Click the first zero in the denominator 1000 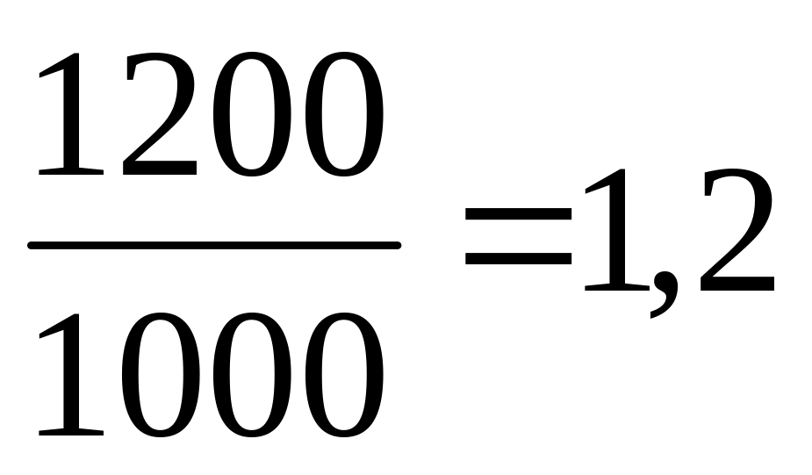point(159,377)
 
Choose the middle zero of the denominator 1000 point(248,377)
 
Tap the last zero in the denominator point(339,377)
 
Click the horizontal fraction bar point(214,246)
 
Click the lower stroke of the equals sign point(518,261)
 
